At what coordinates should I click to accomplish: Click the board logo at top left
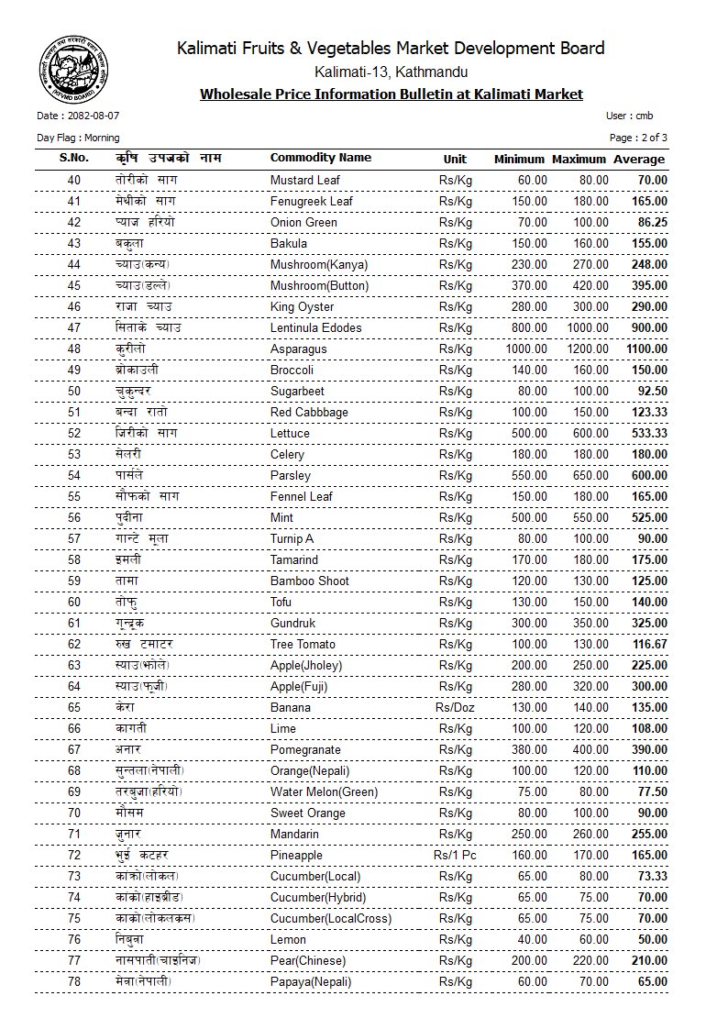click(x=72, y=69)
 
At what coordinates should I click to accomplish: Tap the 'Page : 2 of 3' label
click(x=638, y=138)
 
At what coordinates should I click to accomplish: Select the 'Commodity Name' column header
click(x=320, y=158)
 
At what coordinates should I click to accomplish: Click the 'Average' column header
click(x=639, y=159)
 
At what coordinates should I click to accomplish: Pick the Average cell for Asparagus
click(x=646, y=349)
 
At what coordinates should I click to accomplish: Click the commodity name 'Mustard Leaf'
click(x=304, y=180)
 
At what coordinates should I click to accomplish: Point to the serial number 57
click(x=74, y=538)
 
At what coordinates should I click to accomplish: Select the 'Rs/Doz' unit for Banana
click(x=455, y=707)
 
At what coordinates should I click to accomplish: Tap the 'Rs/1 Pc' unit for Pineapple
click(x=455, y=855)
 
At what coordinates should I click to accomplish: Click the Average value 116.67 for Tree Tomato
click(x=649, y=644)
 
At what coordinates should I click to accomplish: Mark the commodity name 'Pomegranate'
click(x=305, y=749)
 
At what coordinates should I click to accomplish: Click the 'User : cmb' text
click(x=629, y=116)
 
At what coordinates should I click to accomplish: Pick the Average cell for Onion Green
click(x=652, y=222)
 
